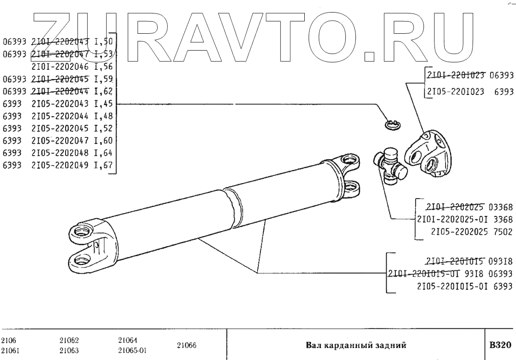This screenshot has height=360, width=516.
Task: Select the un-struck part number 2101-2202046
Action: click(x=60, y=67)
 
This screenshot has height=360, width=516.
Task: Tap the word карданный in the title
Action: click(x=357, y=345)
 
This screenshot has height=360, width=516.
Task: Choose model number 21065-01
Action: click(x=132, y=351)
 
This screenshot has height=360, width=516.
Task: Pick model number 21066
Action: click(x=186, y=345)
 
